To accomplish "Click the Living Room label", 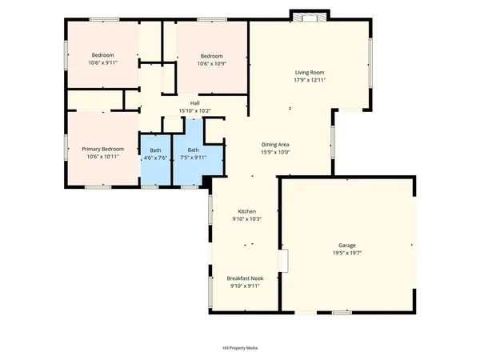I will click(309, 72).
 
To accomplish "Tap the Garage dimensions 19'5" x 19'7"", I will click(346, 252).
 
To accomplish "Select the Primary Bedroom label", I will click(102, 149).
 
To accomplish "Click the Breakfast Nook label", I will click(246, 278).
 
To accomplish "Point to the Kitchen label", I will click(246, 211).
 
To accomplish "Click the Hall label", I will click(194, 102).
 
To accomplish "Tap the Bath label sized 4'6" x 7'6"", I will click(155, 150).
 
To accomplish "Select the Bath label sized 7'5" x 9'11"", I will click(193, 150).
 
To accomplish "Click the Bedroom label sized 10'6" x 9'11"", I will click(102, 55).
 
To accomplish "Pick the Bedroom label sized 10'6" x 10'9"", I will click(210, 55).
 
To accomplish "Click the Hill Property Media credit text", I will click(240, 348).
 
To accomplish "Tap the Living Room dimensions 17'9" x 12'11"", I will click(309, 79).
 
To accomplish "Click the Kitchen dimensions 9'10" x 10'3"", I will click(246, 218).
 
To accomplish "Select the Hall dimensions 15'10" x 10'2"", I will click(194, 110).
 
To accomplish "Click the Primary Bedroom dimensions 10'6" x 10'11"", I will click(102, 157).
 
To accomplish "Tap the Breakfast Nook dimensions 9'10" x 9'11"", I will click(246, 286).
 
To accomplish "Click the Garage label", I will click(346, 245).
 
